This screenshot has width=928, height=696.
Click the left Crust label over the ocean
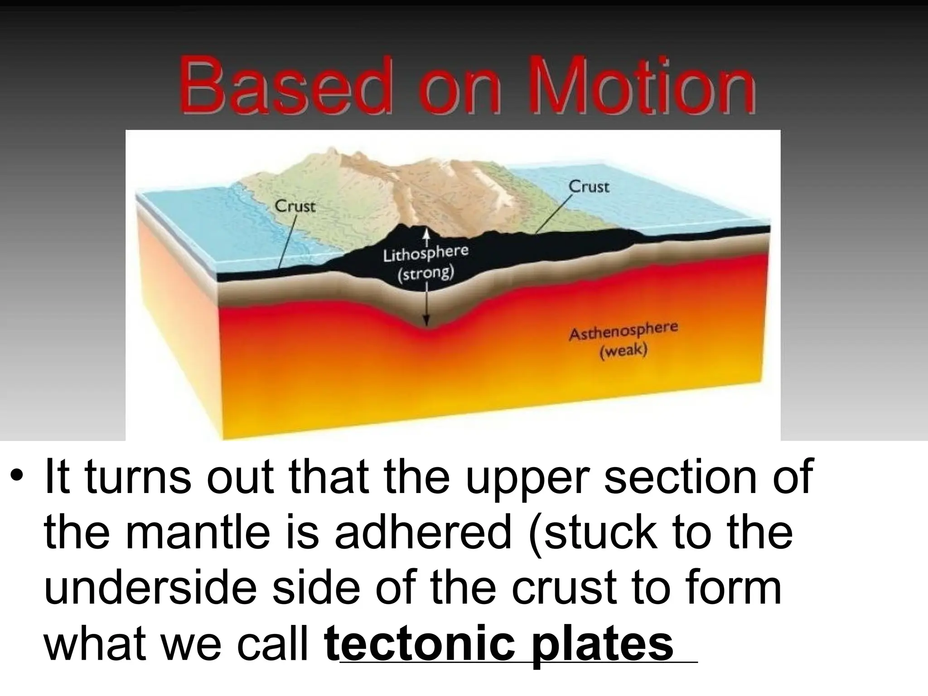click(x=295, y=207)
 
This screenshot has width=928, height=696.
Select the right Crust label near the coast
click(x=589, y=187)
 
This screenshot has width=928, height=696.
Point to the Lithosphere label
click(x=425, y=254)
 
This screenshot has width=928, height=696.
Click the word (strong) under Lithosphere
click(x=425, y=273)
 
